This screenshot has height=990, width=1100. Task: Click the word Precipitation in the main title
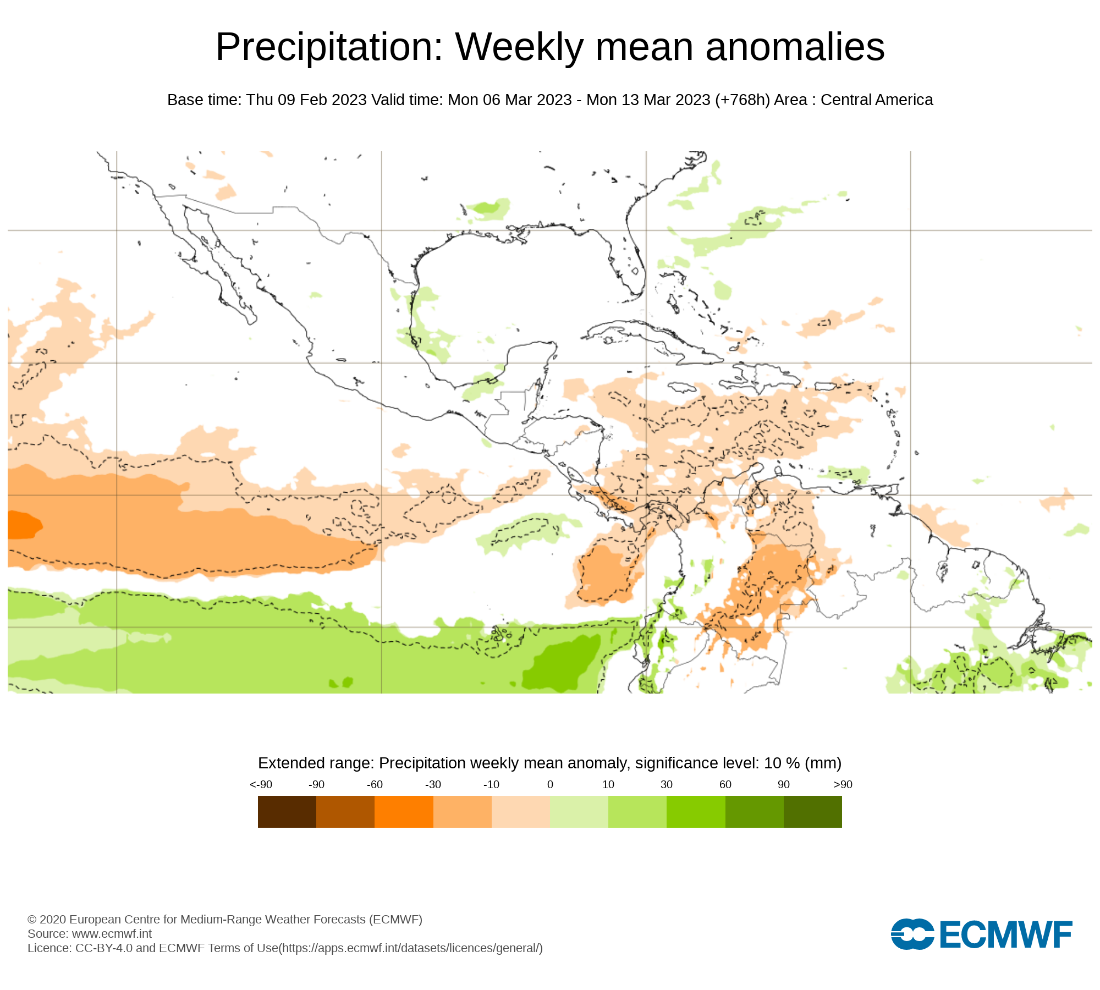(x=329, y=48)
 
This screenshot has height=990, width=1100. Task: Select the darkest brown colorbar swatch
(x=287, y=811)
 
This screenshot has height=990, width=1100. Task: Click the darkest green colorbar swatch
(x=812, y=811)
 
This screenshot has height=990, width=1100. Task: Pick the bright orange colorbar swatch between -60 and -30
(x=404, y=811)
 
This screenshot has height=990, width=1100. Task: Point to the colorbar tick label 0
(x=550, y=784)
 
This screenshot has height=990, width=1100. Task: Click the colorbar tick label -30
(x=433, y=784)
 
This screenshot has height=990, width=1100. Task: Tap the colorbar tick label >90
(x=843, y=784)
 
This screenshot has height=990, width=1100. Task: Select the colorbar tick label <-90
(x=261, y=784)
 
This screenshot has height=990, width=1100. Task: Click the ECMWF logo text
(x=1006, y=934)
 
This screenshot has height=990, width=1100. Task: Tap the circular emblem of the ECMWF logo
(x=912, y=934)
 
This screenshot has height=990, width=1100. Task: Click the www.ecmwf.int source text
(x=112, y=933)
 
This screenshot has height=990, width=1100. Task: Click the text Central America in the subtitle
(x=877, y=100)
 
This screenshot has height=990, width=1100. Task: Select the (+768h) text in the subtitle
(x=743, y=100)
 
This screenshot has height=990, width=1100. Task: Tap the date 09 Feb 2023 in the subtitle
(x=322, y=100)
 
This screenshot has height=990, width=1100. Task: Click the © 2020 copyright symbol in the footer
(x=32, y=920)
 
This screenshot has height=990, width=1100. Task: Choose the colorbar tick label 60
(x=725, y=784)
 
